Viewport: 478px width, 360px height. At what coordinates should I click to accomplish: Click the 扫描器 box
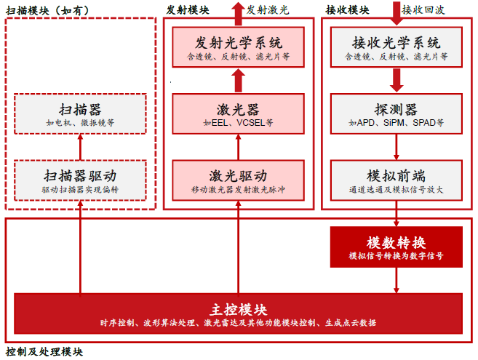(80, 115)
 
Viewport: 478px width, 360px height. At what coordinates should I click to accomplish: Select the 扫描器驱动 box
(80, 181)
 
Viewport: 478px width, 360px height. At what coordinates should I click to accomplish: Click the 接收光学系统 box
(397, 47)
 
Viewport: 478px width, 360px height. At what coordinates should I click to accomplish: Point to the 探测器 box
(397, 114)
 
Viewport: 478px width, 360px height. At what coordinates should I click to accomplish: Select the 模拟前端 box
(397, 181)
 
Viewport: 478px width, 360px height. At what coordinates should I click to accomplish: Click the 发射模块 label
(188, 10)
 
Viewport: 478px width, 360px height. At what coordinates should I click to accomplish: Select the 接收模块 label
(346, 10)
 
